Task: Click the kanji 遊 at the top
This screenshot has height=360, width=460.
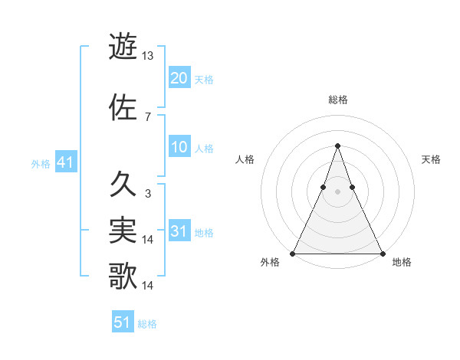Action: (123, 46)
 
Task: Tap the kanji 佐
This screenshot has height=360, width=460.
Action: (123, 108)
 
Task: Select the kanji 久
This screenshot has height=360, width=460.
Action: (123, 184)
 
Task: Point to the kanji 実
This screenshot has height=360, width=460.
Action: (123, 231)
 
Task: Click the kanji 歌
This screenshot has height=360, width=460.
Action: (123, 277)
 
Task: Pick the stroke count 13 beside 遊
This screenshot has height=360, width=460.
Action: (148, 55)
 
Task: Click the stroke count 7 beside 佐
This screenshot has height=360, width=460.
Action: (147, 116)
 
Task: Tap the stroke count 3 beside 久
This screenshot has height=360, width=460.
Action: (147, 194)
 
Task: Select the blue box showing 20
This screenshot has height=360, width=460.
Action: (179, 77)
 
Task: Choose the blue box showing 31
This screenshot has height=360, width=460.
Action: (179, 231)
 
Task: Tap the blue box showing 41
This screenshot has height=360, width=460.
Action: (65, 162)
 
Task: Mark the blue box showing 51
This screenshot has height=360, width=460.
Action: (122, 322)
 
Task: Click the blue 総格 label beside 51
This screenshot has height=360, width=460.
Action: (147, 324)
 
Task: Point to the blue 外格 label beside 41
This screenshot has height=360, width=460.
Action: (41, 164)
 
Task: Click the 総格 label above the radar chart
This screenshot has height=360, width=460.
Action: (337, 100)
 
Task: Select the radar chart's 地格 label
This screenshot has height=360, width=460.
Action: (402, 262)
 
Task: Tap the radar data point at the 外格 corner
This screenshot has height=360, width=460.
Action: (293, 254)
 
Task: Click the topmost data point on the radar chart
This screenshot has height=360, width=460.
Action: (337, 146)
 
